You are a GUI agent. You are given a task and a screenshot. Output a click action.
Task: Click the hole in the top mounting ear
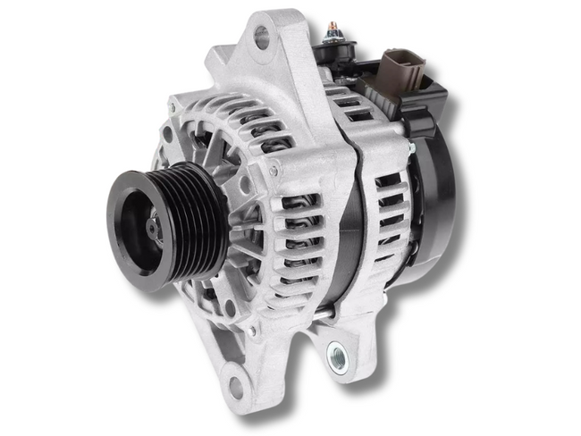[261, 38]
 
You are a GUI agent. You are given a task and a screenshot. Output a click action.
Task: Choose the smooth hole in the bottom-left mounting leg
[236, 386]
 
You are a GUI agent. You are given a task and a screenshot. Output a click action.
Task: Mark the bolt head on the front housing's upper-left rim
[167, 134]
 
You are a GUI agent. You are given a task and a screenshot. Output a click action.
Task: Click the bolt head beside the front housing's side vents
[275, 169]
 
